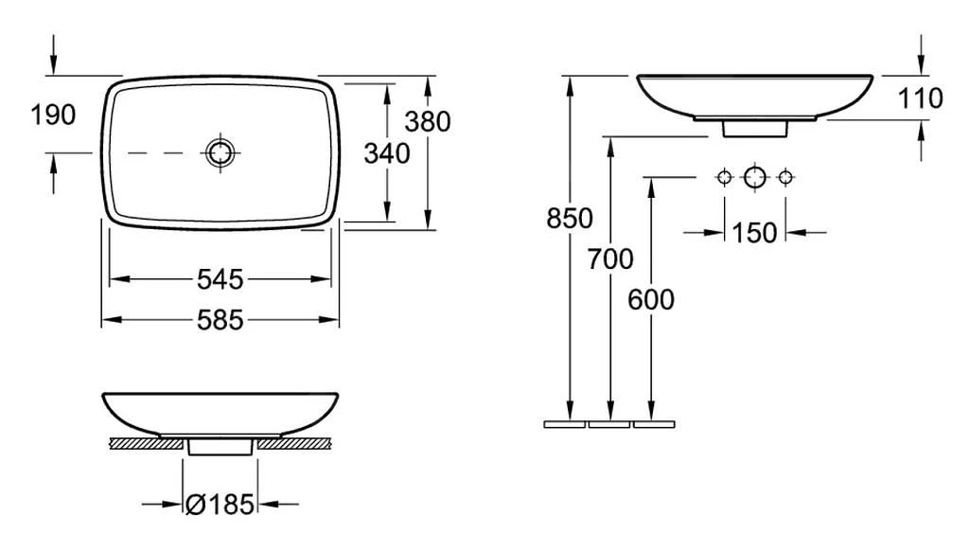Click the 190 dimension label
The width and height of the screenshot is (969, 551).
pos(53,115)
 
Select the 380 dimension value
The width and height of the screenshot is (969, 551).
pos(428,122)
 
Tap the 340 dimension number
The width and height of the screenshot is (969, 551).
pos(387,153)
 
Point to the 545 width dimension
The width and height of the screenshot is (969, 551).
pos(220,279)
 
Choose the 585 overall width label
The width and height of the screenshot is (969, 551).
pos(220,320)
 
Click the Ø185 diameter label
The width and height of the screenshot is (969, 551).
pos(220,505)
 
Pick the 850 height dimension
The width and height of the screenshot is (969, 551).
pos(569,219)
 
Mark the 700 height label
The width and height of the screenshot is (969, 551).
pos(610,259)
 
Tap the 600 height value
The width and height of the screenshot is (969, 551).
pos(651,300)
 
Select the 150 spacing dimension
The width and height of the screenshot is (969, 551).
pos(754,233)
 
